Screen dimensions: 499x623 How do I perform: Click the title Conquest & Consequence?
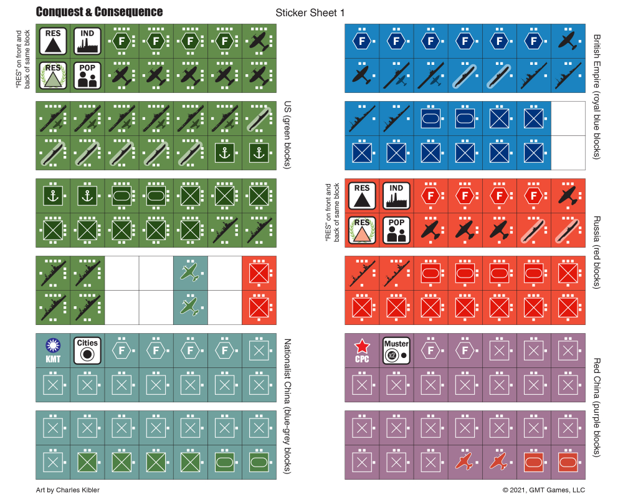99,12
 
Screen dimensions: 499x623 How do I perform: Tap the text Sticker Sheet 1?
310,12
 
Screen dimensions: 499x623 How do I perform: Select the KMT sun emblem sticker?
52,350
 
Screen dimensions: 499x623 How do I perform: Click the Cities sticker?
87,350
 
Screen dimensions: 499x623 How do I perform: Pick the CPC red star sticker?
362,350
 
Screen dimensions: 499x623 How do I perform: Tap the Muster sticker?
396,350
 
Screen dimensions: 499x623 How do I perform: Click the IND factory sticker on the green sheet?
87,41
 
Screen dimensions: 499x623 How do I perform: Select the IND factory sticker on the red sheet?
396,196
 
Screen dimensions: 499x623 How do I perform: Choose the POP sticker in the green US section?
87,75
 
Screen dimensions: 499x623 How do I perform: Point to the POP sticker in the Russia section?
396,230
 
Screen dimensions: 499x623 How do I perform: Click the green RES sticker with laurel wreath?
52,75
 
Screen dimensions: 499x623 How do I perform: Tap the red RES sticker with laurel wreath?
362,230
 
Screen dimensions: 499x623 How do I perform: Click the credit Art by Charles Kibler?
68,490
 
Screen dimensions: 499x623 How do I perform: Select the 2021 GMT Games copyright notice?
544,490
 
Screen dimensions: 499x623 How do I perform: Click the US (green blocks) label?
288,135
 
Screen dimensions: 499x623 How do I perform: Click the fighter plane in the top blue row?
568,41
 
